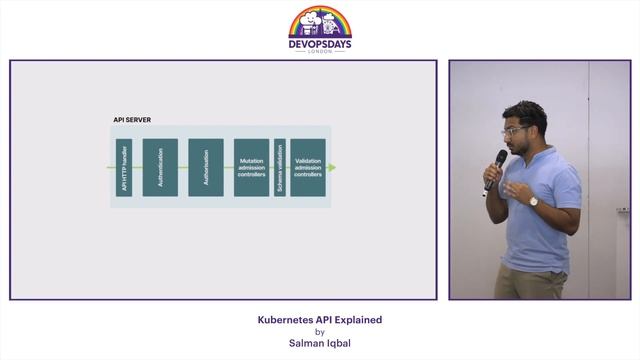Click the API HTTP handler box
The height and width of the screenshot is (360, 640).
click(x=124, y=167)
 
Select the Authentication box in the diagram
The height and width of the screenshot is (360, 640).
click(x=160, y=167)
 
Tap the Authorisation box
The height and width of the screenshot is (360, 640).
click(x=206, y=167)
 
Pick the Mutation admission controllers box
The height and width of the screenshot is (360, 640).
click(x=251, y=167)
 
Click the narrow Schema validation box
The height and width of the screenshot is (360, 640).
click(x=280, y=167)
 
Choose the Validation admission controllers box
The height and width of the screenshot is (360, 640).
click(x=308, y=167)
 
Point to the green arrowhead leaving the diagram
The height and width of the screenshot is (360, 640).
click(x=332, y=167)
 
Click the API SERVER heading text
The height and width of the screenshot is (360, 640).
click(x=132, y=120)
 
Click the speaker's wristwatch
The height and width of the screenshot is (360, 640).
click(x=534, y=200)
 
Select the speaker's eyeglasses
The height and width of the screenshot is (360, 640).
click(x=516, y=130)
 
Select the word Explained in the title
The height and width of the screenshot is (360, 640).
click(x=358, y=320)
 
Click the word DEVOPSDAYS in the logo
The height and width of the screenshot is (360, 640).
click(x=320, y=43)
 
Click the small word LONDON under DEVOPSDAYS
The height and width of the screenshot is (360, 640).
click(x=320, y=52)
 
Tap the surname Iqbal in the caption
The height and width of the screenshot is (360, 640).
click(x=337, y=343)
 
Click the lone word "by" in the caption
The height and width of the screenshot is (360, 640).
click(x=320, y=332)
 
